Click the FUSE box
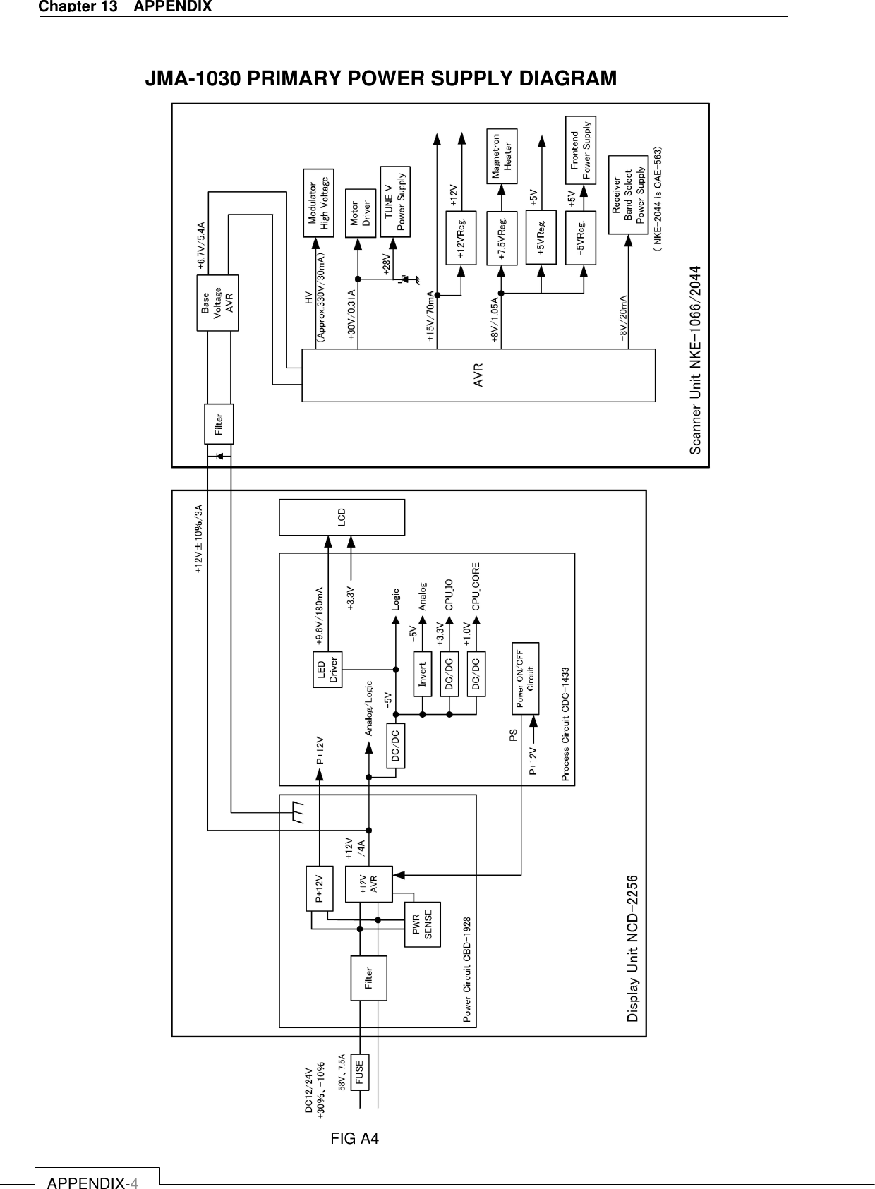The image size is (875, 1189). (x=360, y=1073)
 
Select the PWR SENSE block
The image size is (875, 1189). (x=422, y=924)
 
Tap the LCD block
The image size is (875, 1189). (x=342, y=517)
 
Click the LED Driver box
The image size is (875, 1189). (x=327, y=669)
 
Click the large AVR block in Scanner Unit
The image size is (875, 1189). (x=478, y=375)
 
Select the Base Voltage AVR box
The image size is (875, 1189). (x=217, y=303)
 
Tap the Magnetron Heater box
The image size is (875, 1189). (x=502, y=155)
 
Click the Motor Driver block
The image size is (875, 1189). (x=360, y=210)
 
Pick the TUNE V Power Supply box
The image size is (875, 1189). (x=394, y=201)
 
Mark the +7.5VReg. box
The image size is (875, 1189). (x=502, y=238)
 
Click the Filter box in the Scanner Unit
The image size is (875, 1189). (x=219, y=423)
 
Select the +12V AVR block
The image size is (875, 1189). (x=368, y=884)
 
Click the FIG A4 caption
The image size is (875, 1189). (x=355, y=1139)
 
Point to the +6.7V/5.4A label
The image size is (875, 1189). (x=200, y=246)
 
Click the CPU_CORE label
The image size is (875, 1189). (x=476, y=586)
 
